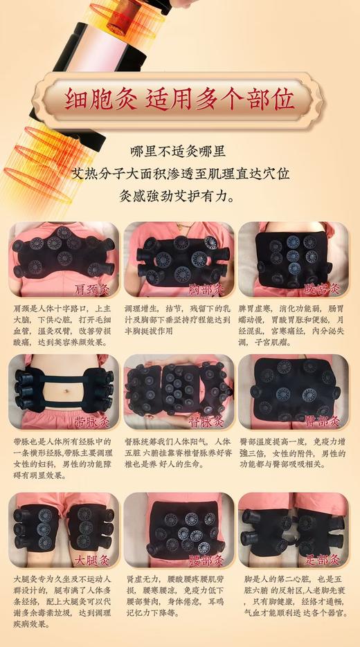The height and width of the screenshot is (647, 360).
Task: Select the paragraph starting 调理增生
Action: click(x=177, y=318)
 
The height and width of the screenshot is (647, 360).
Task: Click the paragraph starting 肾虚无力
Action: click(x=177, y=594)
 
